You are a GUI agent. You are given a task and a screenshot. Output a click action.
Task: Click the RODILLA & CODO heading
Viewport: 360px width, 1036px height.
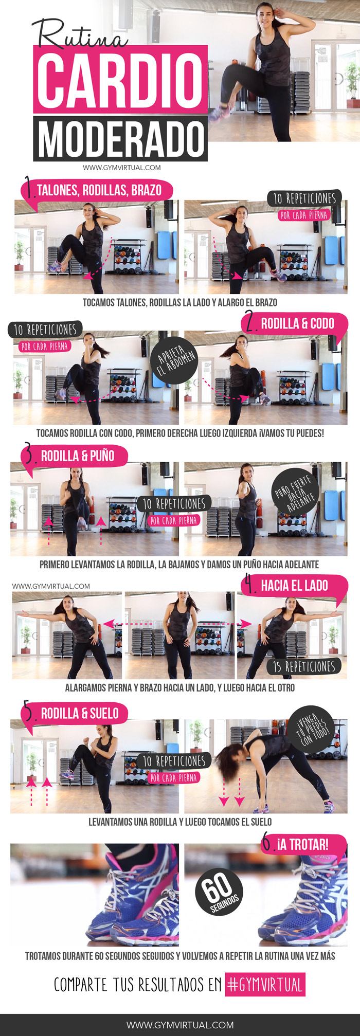pyautogui.click(x=297, y=323)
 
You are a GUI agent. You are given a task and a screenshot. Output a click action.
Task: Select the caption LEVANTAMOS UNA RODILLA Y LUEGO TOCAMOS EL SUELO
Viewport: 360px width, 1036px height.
pyautogui.click(x=180, y=821)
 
